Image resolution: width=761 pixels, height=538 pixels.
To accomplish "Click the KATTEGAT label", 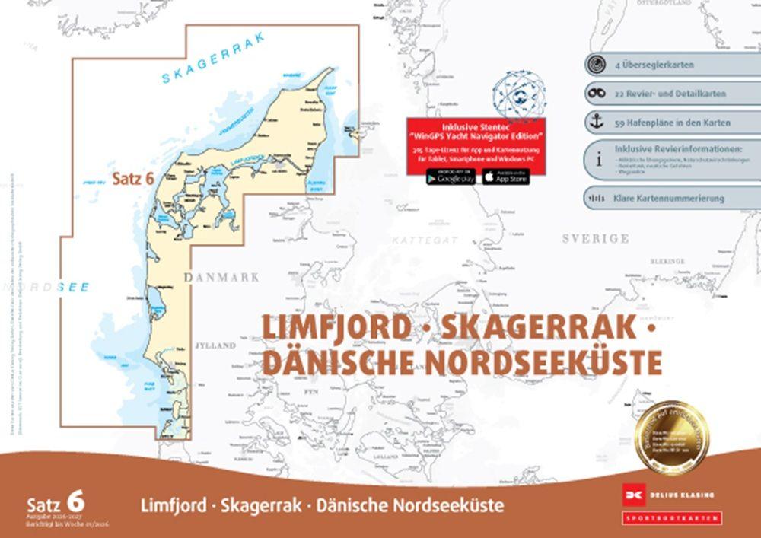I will [x=425, y=240].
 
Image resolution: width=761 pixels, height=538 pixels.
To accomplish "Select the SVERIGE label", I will [x=595, y=238].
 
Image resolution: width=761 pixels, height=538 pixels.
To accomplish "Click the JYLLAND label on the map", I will [x=215, y=345].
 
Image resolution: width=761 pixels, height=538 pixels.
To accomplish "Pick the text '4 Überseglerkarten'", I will [x=653, y=65].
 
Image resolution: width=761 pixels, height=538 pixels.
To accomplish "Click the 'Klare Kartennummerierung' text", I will [x=668, y=199].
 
